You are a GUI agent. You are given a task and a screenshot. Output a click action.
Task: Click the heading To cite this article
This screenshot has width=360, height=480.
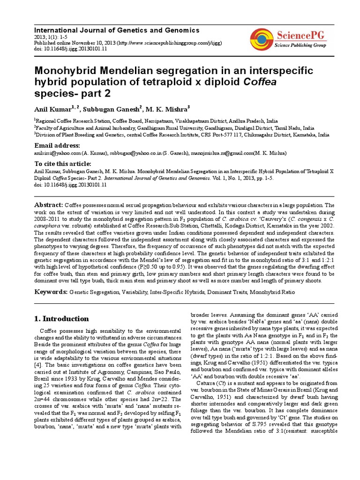click(62, 164)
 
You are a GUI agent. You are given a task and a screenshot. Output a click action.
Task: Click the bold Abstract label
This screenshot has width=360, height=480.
click(49, 205)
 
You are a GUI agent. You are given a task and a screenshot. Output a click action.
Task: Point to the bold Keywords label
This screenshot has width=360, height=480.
click(51, 292)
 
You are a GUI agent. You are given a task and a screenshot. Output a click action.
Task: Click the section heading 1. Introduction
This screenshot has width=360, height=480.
click(62, 319)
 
